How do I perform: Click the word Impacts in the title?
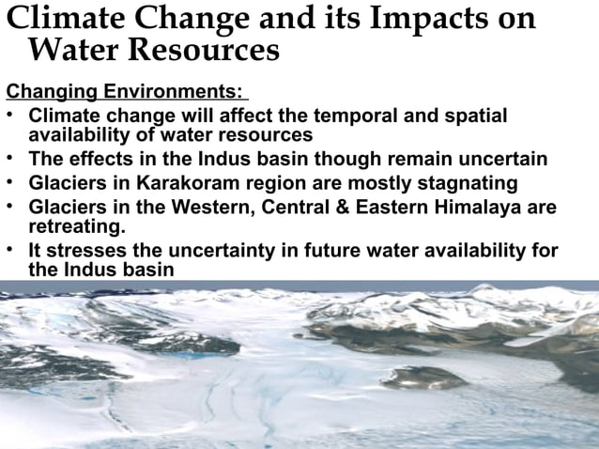coord(414,19)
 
